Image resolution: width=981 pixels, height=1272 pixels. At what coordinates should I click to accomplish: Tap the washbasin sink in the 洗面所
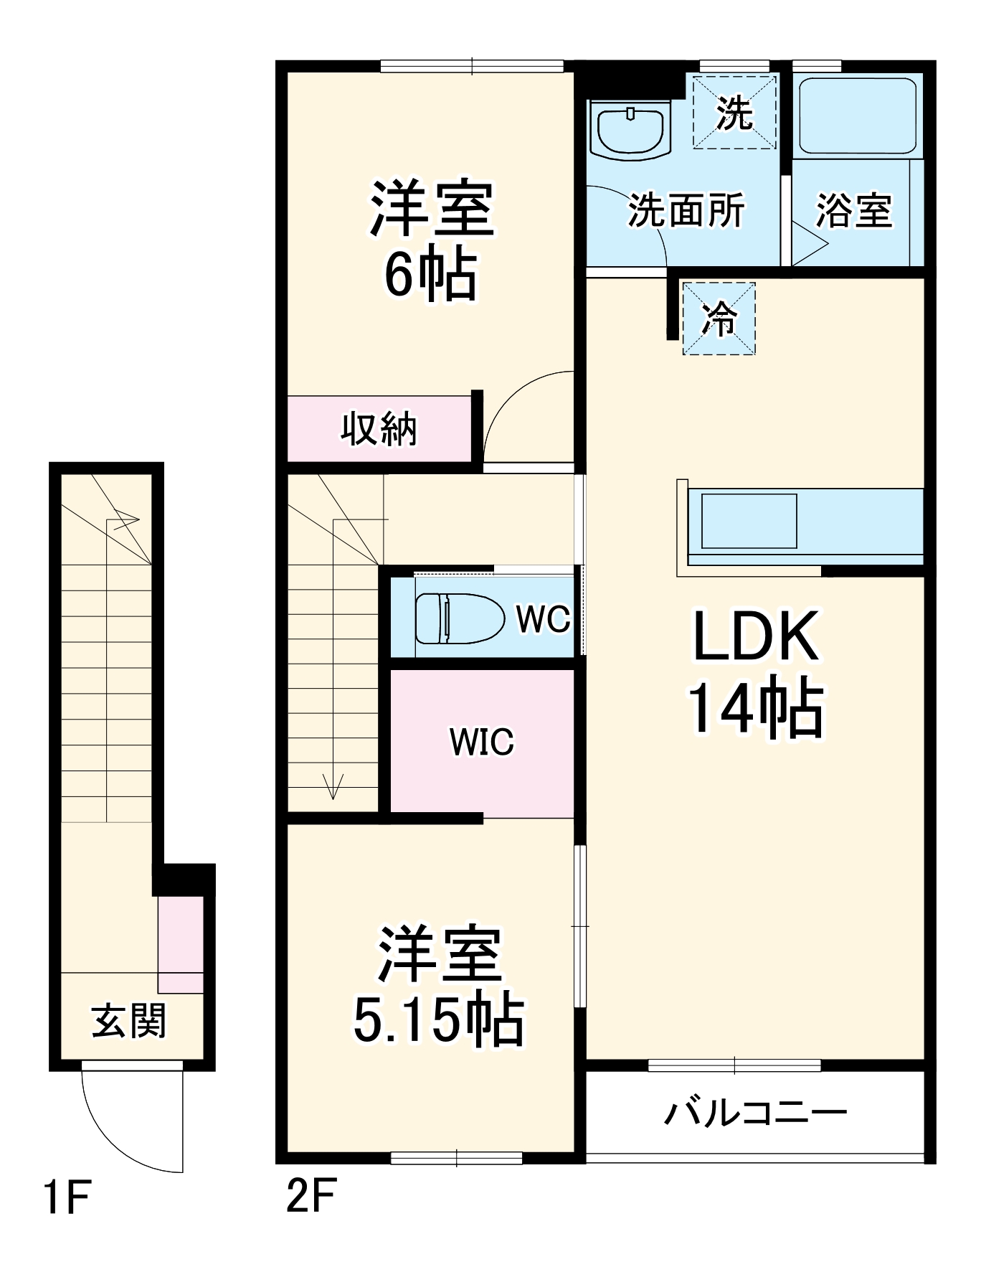(x=631, y=131)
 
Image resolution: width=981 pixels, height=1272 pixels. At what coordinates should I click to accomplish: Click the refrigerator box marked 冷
(x=719, y=319)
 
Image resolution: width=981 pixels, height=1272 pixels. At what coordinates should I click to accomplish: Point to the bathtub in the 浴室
(x=857, y=116)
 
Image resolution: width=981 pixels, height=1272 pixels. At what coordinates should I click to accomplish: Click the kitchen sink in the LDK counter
(x=749, y=521)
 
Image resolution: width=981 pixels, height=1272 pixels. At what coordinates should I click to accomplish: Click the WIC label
(x=481, y=742)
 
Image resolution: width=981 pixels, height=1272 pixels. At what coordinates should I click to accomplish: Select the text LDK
(x=756, y=636)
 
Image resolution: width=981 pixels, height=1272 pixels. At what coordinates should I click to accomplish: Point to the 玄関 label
(x=129, y=1022)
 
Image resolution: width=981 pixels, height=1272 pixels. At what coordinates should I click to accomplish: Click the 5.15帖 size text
(x=438, y=1020)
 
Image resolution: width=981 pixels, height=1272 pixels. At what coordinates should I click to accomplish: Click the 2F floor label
(x=311, y=1196)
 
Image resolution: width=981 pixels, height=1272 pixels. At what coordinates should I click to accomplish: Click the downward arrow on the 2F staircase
(x=333, y=786)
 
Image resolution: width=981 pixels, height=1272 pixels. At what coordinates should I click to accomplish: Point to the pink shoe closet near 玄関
(x=181, y=943)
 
